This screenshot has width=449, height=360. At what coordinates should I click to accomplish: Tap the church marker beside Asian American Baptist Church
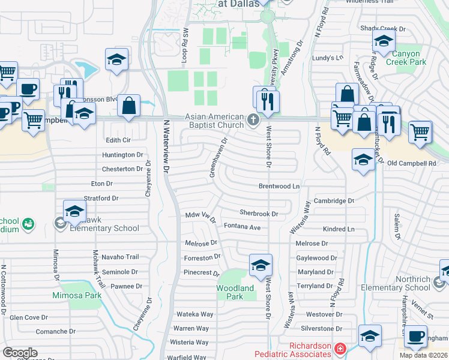point(253,121)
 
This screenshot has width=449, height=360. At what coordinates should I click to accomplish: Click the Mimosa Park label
point(76,296)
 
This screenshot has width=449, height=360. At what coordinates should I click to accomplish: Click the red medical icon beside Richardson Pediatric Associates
point(340,348)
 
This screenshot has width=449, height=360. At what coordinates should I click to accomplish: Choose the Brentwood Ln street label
point(279,187)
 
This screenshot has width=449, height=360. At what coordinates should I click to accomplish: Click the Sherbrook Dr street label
point(259,213)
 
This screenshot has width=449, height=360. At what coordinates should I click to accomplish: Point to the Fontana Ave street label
point(242,227)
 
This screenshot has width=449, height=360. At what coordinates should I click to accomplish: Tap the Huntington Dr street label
point(122,155)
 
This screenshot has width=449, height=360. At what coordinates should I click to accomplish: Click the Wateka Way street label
point(194,314)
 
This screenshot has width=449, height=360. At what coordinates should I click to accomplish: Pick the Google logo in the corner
point(20,353)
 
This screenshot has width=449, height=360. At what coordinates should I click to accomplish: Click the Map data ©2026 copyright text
point(424,355)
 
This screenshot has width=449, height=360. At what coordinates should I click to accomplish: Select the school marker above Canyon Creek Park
point(382,41)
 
